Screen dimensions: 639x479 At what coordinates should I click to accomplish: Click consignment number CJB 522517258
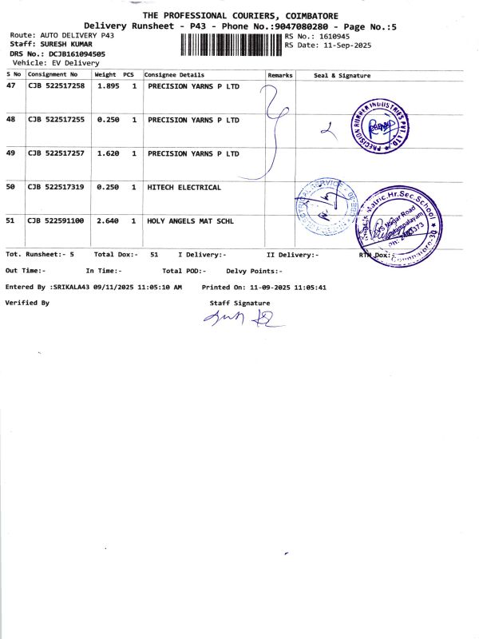(57, 86)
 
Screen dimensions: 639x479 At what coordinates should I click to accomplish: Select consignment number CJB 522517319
(57, 187)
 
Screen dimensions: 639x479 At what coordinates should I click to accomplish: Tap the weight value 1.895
(108, 86)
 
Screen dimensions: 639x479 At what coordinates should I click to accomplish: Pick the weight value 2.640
(108, 220)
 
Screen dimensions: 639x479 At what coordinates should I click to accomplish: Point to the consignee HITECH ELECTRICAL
(184, 187)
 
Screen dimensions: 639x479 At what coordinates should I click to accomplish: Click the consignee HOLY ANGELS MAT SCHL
(191, 220)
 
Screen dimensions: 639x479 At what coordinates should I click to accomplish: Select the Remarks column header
(280, 75)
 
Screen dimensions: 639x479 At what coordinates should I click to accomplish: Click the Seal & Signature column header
(342, 75)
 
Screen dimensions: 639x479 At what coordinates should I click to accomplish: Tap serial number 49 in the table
(10, 153)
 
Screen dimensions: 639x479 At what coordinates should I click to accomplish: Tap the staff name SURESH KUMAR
(61, 45)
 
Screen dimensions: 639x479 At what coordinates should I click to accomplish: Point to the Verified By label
(27, 303)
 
